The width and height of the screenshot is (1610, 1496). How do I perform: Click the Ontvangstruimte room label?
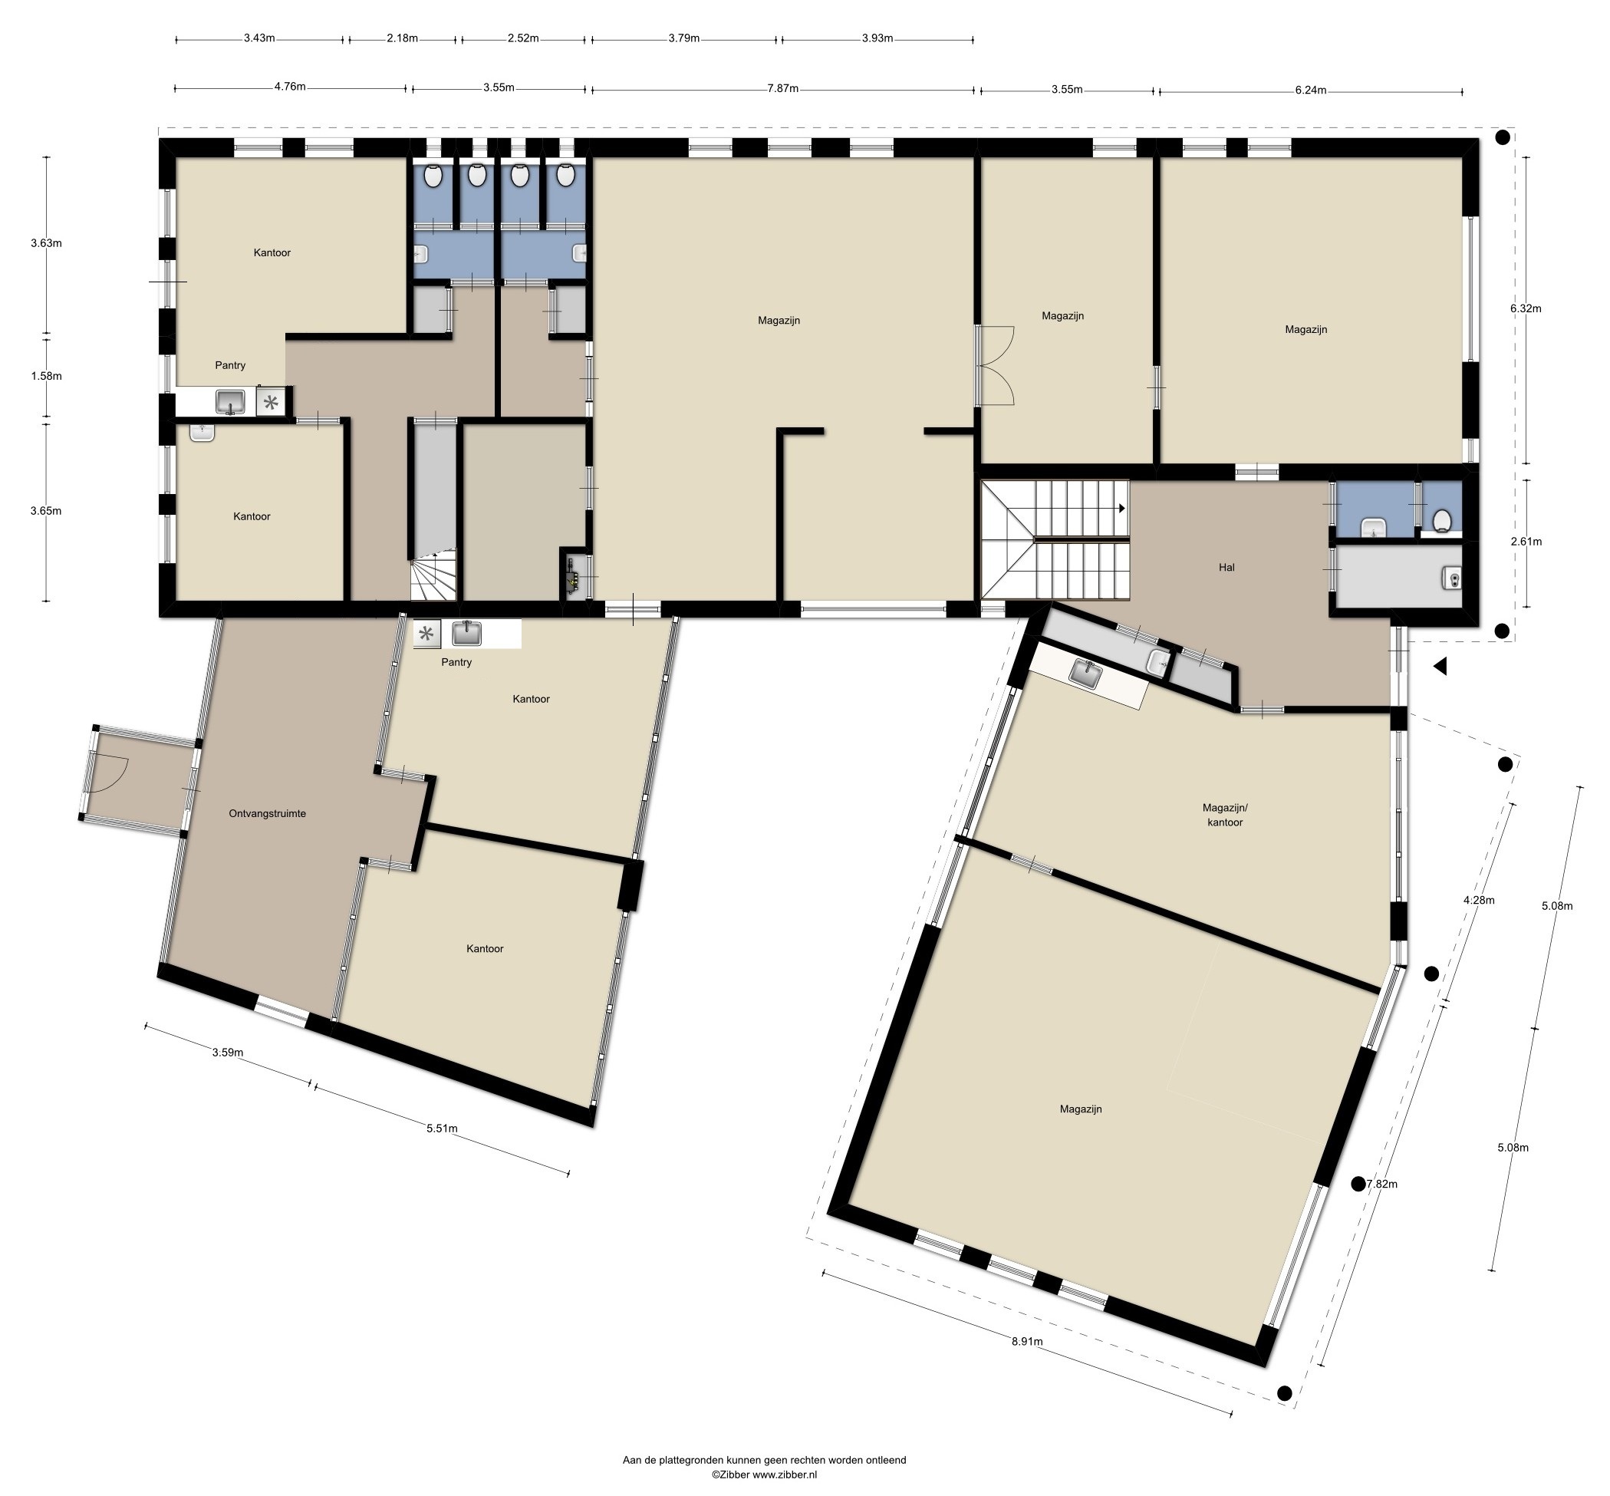point(267,813)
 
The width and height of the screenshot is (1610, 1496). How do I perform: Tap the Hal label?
point(1226,568)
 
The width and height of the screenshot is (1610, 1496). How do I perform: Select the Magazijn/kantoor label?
point(1225,815)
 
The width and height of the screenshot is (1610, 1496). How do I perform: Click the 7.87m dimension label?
point(782,88)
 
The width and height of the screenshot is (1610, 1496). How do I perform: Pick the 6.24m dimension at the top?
point(1311,90)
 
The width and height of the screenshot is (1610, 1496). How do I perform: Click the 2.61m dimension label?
point(1526,542)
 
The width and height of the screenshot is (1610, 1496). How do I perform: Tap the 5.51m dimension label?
point(442,1129)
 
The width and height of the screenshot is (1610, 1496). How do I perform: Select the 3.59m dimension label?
point(228,1053)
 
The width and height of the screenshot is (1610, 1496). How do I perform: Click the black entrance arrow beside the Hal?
point(1440,666)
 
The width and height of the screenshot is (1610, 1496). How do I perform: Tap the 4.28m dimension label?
point(1479,899)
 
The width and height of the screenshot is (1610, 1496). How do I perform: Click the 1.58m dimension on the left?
point(46,376)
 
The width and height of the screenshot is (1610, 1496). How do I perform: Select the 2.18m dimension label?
point(402,38)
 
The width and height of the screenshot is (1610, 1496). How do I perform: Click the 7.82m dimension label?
point(1381,1184)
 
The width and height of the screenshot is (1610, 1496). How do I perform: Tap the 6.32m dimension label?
point(1526,308)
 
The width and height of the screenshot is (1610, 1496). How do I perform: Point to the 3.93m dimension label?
point(877,38)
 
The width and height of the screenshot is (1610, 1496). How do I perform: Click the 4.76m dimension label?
point(290,87)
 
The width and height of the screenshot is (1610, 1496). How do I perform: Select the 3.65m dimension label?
point(46,511)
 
